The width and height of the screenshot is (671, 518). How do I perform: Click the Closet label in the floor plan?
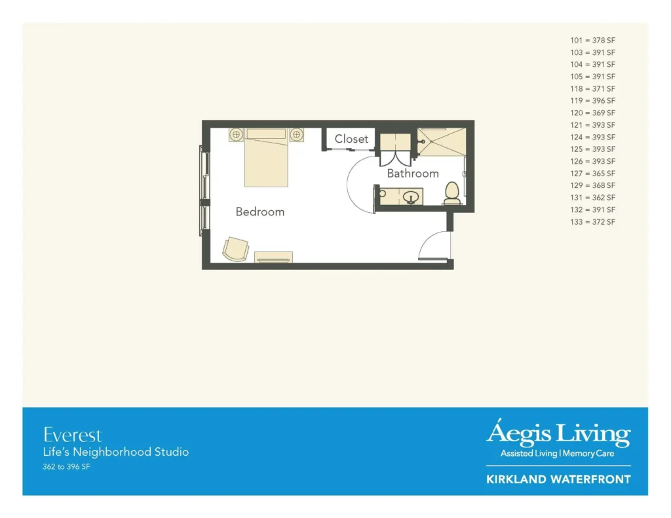351,139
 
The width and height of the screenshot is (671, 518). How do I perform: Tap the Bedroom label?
260,212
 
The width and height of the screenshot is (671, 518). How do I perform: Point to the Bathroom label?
413,174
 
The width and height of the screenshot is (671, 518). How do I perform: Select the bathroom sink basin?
410,197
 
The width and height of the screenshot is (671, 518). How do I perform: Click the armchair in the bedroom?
236,249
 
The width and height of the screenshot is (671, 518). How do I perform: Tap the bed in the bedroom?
266,157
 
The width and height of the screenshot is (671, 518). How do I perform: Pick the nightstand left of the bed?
236,134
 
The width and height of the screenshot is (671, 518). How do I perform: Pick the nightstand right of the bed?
297,134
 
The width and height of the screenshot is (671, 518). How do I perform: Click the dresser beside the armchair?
273,257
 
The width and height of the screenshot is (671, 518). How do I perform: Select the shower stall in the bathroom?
442,141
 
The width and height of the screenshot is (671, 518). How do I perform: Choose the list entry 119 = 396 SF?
592,101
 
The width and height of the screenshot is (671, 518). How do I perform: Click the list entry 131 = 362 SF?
592,198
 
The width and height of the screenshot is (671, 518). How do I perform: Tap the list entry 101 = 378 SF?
592,40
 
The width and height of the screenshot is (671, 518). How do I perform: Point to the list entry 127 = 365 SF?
592,174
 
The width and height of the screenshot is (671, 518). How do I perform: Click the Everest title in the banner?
72,435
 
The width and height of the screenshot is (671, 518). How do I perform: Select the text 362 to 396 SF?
66,467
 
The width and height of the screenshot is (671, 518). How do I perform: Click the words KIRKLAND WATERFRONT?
558,479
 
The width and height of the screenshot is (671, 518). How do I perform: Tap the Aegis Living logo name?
558,433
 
